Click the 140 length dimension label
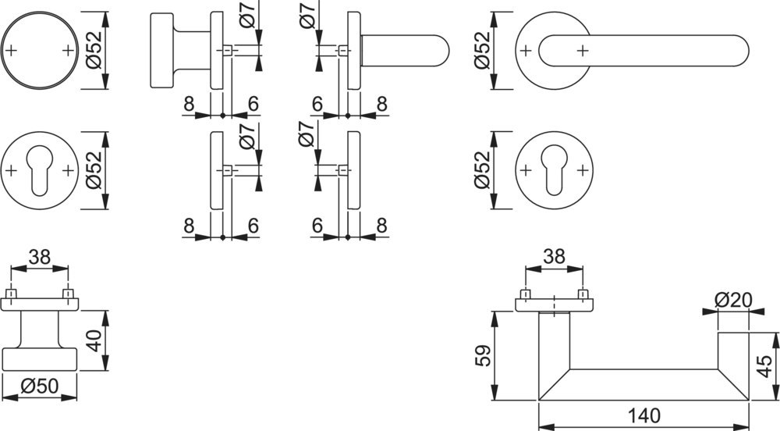tap(643, 415)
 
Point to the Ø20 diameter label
tap(732, 300)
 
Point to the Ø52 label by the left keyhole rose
tap(94, 170)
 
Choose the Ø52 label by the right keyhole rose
tap(483, 170)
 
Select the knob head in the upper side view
tap(161, 51)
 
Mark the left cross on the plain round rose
tap(12, 51)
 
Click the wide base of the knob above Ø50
tap(40, 359)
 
